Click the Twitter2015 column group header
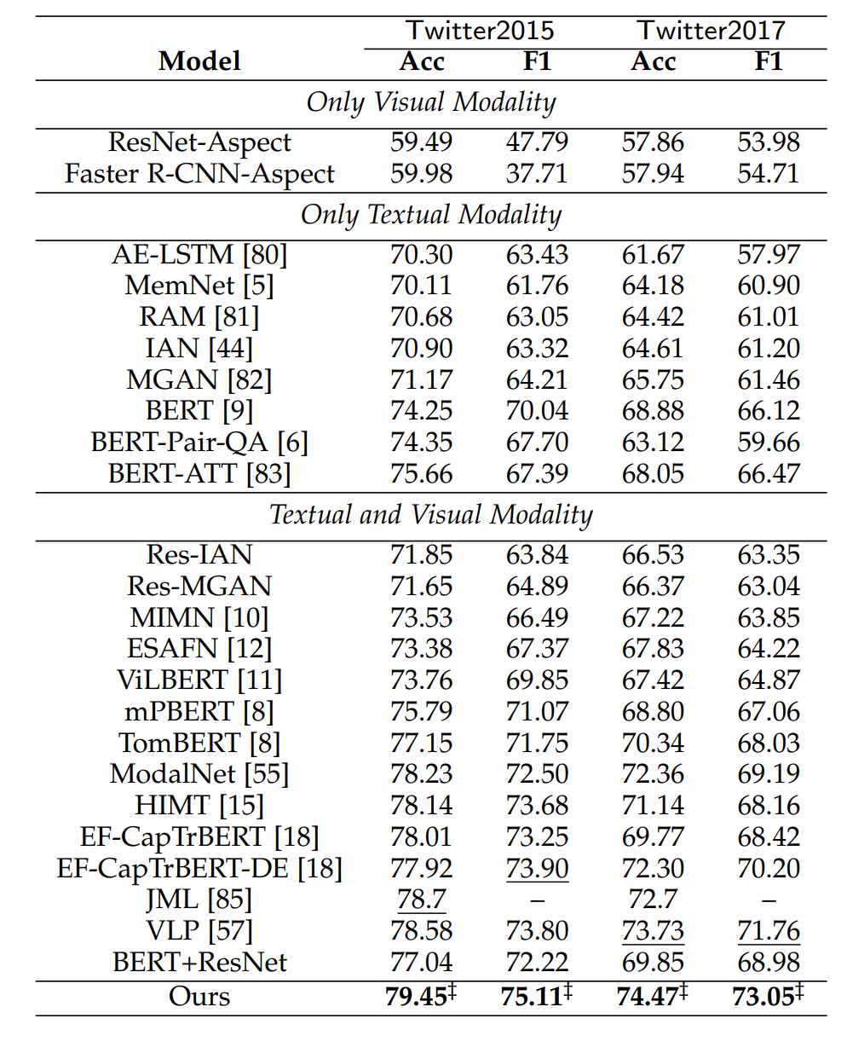coord(480,31)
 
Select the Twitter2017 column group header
coord(711,31)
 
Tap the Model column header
coord(199,61)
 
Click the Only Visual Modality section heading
coord(431,102)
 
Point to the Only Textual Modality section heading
coord(431,215)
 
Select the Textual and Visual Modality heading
coord(431,515)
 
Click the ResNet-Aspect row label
coord(199,142)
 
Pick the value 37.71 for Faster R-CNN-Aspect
coord(537,174)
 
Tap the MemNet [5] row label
coord(199,286)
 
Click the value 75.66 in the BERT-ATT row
coord(421,474)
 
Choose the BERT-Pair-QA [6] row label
coord(199,443)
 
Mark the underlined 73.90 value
coord(537,869)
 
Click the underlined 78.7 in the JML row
coord(421,900)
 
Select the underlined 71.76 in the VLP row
coord(769,931)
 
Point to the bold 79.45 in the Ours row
coord(418,997)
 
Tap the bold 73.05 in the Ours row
coord(765,997)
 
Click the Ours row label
coord(199,997)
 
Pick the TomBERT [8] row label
coord(199,743)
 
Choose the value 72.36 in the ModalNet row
coord(653,774)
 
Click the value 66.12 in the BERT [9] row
coord(769,411)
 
